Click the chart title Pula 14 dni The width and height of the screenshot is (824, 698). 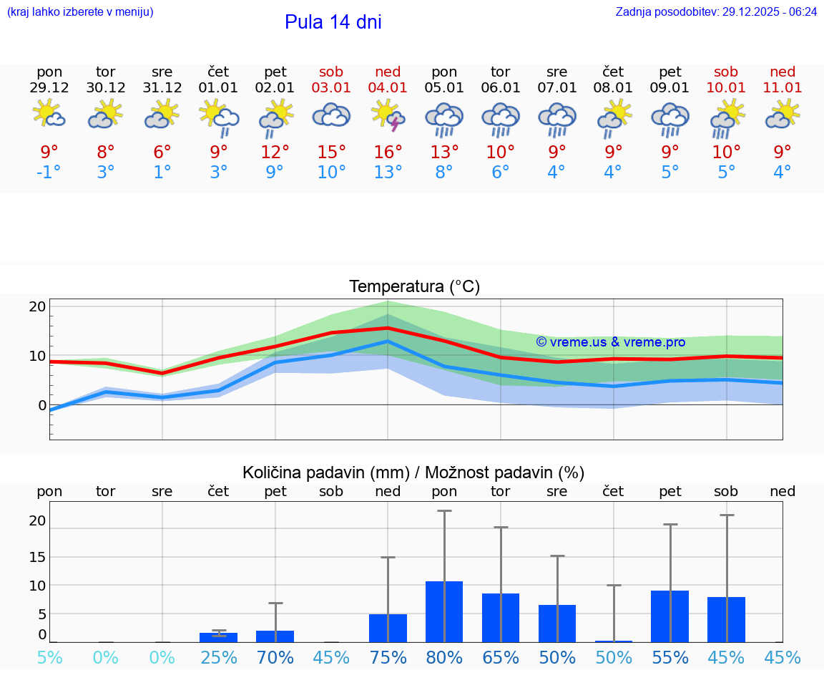click(x=333, y=22)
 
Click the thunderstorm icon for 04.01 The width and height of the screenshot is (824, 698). click(x=388, y=115)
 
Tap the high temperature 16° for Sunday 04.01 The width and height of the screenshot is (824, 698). click(x=388, y=152)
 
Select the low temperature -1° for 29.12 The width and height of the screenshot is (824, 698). click(x=49, y=172)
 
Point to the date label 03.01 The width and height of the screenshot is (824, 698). click(x=331, y=88)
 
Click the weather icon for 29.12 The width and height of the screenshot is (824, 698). click(x=49, y=115)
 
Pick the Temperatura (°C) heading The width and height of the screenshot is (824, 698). click(x=414, y=287)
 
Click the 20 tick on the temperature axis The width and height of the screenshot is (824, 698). click(x=37, y=306)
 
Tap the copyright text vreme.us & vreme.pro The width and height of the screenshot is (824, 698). click(x=610, y=342)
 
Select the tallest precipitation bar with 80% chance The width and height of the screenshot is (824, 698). click(x=444, y=611)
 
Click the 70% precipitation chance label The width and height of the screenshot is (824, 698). click(x=275, y=657)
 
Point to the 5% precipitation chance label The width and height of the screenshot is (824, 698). click(x=49, y=657)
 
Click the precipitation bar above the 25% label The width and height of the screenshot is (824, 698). click(x=218, y=637)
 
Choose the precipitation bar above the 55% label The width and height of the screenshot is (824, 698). click(x=669, y=616)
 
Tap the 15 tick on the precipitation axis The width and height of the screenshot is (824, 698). click(x=37, y=556)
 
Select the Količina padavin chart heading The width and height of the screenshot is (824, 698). click(x=413, y=472)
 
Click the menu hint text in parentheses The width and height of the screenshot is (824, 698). click(x=79, y=12)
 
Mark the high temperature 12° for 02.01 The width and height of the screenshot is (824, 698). click(x=275, y=152)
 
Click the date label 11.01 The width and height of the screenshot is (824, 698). click(x=783, y=88)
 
